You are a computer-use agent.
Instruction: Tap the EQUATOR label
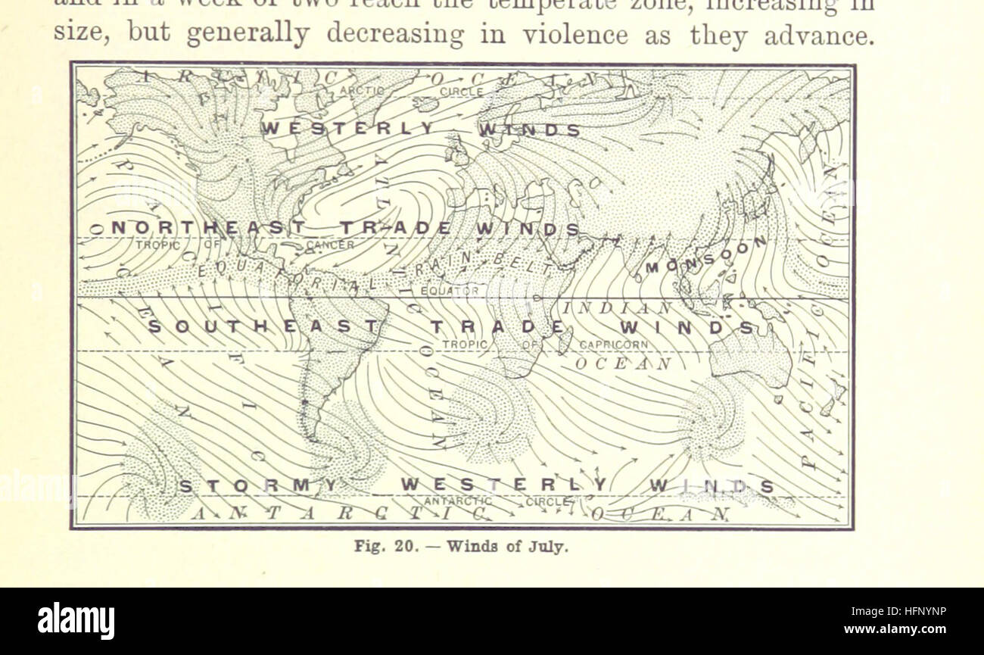(450, 290)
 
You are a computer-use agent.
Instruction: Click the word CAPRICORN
(614, 345)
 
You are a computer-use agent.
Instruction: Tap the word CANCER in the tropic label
(330, 245)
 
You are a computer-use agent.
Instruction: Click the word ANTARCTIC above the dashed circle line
(459, 501)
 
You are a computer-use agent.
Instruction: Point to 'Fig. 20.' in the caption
(385, 547)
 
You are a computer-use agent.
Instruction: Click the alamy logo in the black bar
(76, 621)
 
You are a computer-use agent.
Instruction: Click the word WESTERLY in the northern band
(349, 129)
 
